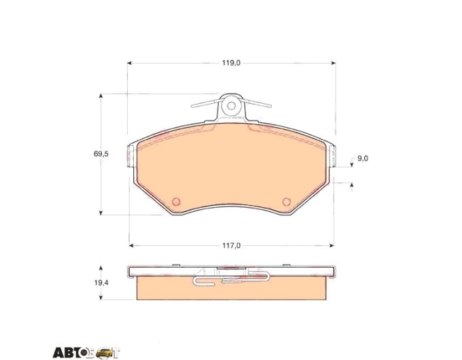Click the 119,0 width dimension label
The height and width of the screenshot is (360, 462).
(231, 62)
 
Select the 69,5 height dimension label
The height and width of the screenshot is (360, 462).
(101, 154)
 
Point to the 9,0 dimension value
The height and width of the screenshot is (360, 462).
(363, 158)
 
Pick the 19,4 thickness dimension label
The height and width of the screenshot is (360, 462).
(101, 283)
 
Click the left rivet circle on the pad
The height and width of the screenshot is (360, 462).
(176, 202)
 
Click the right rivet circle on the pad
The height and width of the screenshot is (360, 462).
(287, 202)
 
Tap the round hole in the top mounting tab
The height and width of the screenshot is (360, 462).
(232, 105)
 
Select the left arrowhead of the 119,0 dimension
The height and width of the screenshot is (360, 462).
(129, 62)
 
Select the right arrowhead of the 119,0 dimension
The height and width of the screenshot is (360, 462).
(334, 62)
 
